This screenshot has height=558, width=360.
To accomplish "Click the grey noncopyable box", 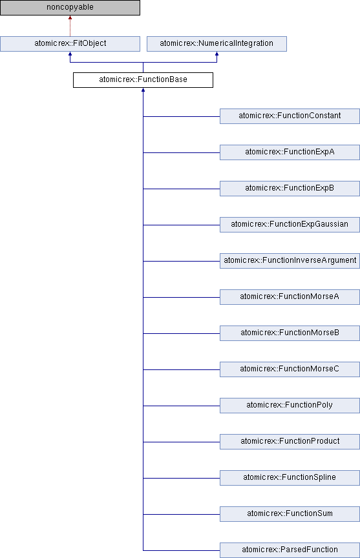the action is pyautogui.click(x=70, y=8).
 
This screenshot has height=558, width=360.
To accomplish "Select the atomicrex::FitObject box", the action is pyautogui.click(x=70, y=44).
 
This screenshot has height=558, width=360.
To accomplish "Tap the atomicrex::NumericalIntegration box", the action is pyautogui.click(x=217, y=44).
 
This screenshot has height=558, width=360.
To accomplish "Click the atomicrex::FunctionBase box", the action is pyautogui.click(x=143, y=80).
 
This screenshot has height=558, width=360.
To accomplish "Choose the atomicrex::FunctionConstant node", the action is pyautogui.click(x=290, y=116).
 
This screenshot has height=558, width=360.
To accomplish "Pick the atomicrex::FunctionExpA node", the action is pyautogui.click(x=290, y=152).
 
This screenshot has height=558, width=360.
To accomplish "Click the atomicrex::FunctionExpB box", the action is pyautogui.click(x=290, y=189).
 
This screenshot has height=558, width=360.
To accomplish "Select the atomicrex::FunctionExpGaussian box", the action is pyautogui.click(x=290, y=225).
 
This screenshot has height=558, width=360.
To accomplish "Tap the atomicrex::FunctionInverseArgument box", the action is pyautogui.click(x=290, y=261).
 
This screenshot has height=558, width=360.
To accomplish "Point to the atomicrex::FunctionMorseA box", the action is pyautogui.click(x=290, y=297).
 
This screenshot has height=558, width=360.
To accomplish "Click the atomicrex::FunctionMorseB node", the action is pyautogui.click(x=290, y=333).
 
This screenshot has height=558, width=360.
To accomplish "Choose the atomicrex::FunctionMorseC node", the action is pyautogui.click(x=290, y=369).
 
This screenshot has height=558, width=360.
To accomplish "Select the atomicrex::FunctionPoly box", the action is pyautogui.click(x=290, y=406).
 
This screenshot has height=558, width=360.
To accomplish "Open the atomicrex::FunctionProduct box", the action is pyautogui.click(x=290, y=442).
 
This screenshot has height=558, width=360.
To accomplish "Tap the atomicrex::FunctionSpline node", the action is pyautogui.click(x=290, y=478).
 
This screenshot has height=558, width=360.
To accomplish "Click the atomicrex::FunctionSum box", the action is pyautogui.click(x=290, y=514).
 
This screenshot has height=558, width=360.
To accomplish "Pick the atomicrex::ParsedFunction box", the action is pyautogui.click(x=290, y=550).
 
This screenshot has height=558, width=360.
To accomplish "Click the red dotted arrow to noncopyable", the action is pyautogui.click(x=70, y=26).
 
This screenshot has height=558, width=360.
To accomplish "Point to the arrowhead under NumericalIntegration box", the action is pyautogui.click(x=217, y=54).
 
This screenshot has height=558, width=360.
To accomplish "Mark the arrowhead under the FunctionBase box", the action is pyautogui.click(x=143, y=90).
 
